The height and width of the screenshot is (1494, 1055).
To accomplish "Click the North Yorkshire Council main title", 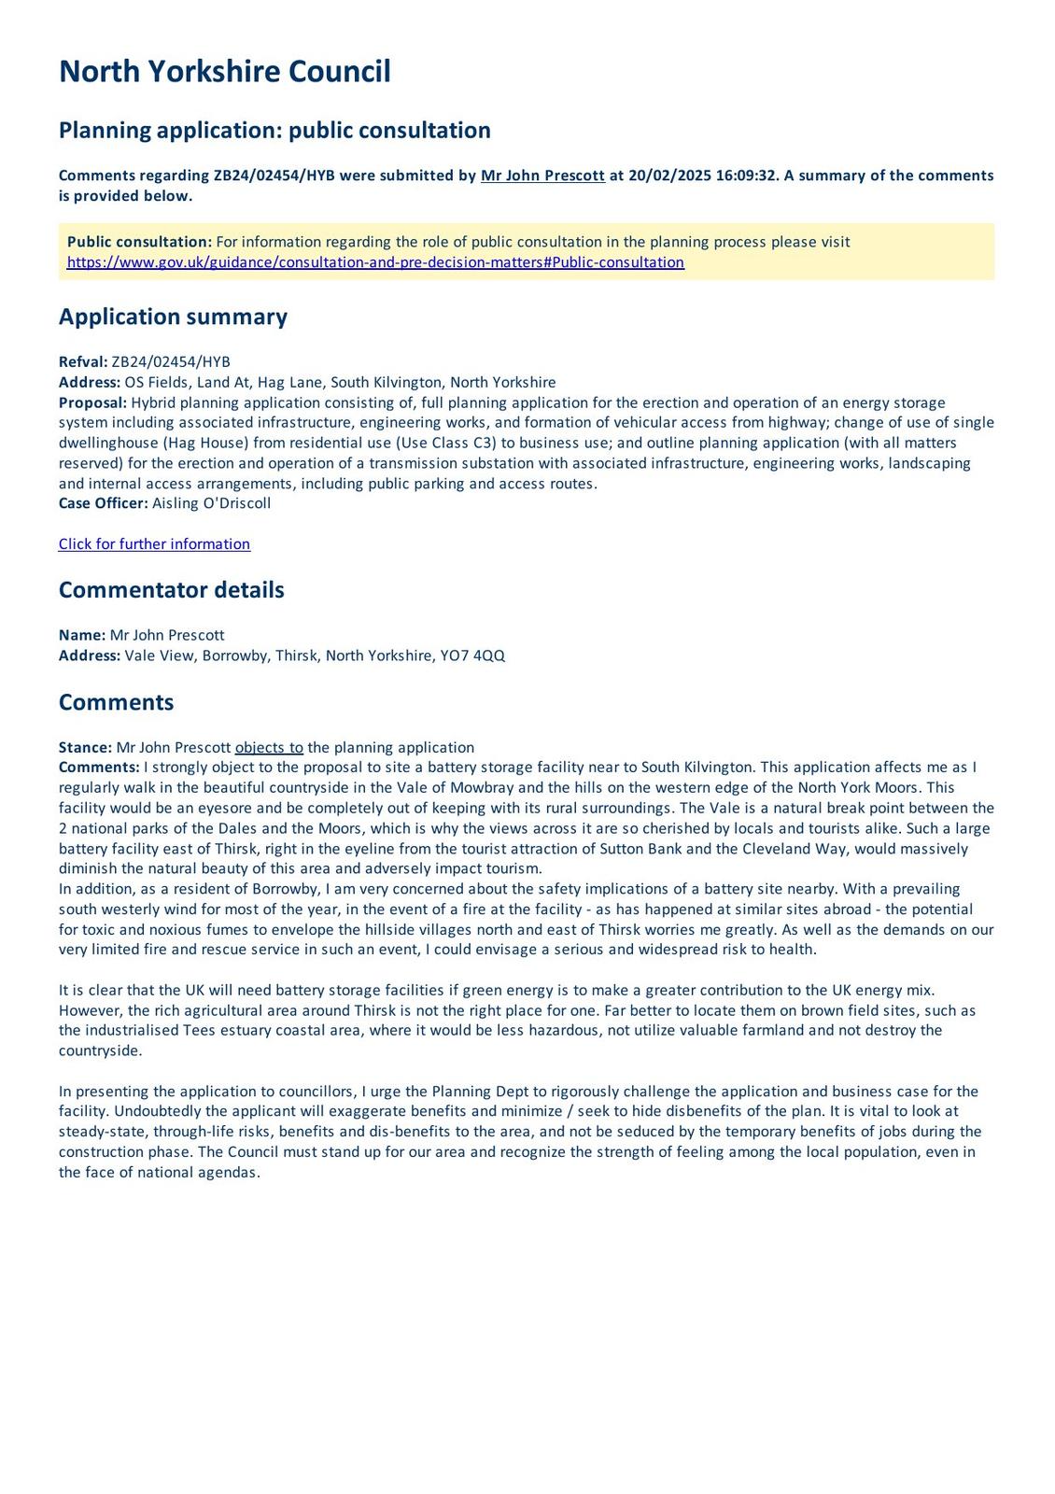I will tap(224, 72).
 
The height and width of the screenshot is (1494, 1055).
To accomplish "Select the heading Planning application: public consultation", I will tap(274, 130).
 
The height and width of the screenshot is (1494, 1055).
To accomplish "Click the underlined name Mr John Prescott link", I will tap(542, 176).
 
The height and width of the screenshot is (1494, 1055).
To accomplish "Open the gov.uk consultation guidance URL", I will tap(375, 262).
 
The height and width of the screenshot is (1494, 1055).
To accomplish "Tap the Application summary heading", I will tap(173, 317).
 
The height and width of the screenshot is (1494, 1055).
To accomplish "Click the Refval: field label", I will tap(83, 362).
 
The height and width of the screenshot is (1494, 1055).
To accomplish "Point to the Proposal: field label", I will tap(92, 402).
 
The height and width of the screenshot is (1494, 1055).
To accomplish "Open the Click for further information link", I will tap(154, 544).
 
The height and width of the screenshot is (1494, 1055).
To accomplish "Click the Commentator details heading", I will tap(171, 590).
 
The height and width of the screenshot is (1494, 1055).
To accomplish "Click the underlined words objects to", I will tap(269, 748).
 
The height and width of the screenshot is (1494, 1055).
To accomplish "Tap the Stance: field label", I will tap(85, 748).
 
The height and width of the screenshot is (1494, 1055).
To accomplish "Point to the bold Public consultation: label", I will tap(139, 242).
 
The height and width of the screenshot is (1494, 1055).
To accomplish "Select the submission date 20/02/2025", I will tap(669, 176).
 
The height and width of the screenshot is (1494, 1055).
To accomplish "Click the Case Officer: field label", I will tap(103, 503).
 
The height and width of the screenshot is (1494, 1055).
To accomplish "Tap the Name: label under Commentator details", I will tap(82, 636).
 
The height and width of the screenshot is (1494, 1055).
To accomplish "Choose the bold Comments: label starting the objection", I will tap(99, 768).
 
